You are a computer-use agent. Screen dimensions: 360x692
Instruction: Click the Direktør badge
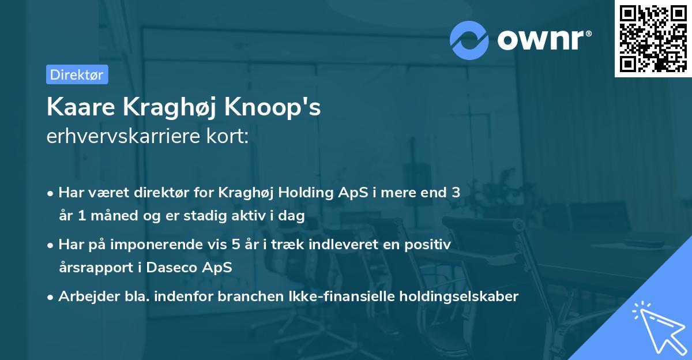click(77, 74)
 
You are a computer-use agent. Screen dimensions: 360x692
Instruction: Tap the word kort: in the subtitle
click(228, 136)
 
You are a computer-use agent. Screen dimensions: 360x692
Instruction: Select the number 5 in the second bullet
click(235, 245)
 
